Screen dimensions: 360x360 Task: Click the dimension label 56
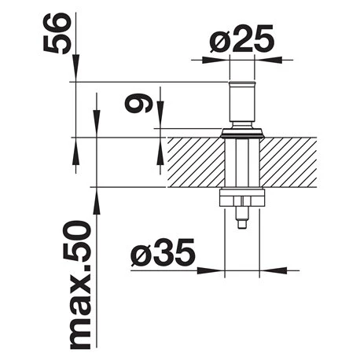(x=57, y=33)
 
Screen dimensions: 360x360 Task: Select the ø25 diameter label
(x=242, y=39)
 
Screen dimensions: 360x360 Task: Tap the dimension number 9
(x=138, y=103)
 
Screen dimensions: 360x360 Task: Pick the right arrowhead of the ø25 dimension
(x=268, y=60)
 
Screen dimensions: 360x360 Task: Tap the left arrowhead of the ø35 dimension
(x=211, y=270)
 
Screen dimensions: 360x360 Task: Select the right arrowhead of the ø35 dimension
(x=273, y=270)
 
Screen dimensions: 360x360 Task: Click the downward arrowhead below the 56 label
(x=75, y=68)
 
